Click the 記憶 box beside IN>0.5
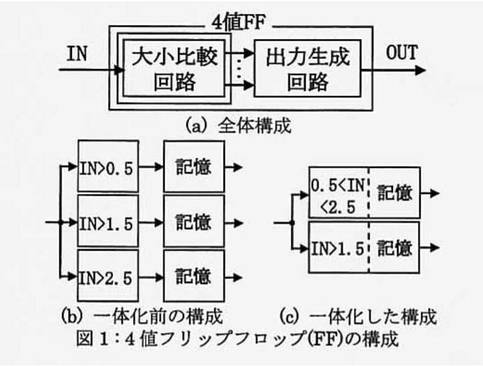pyautogui.click(x=193, y=168)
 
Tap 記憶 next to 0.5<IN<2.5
pyautogui.click(x=395, y=194)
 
